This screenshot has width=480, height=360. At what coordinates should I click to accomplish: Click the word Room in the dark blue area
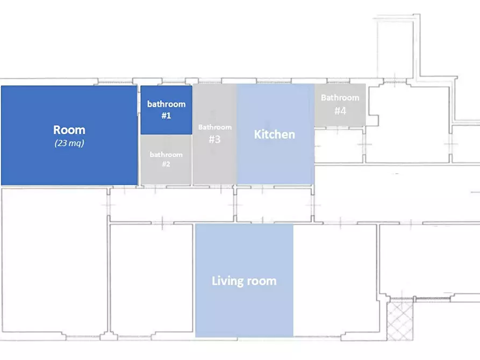(69, 130)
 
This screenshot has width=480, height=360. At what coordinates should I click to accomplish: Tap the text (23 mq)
(69, 143)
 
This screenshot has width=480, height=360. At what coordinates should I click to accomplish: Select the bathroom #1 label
(166, 110)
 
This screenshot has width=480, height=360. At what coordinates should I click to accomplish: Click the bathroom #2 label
(166, 159)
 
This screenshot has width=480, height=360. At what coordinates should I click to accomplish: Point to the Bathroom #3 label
(215, 133)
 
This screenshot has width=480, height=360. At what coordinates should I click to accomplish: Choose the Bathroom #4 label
(340, 104)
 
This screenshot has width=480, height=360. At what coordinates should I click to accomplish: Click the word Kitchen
(275, 134)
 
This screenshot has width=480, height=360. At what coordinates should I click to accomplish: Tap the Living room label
(244, 281)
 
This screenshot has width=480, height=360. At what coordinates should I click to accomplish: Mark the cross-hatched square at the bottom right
(400, 321)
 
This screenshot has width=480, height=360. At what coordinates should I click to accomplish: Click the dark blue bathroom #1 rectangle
(166, 110)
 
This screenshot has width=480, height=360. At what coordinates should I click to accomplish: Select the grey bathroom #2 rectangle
(166, 160)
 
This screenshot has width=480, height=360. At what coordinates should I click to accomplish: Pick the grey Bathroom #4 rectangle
(340, 105)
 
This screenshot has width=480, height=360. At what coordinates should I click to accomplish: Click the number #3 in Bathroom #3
(214, 139)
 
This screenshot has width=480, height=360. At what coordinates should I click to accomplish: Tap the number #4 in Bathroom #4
(340, 111)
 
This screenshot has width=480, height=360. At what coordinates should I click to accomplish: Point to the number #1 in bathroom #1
(166, 116)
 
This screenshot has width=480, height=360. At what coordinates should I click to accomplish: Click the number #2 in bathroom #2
(166, 164)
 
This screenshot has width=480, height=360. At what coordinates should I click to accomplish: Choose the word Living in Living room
(226, 281)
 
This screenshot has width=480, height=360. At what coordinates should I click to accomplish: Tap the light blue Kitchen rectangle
(276, 134)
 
